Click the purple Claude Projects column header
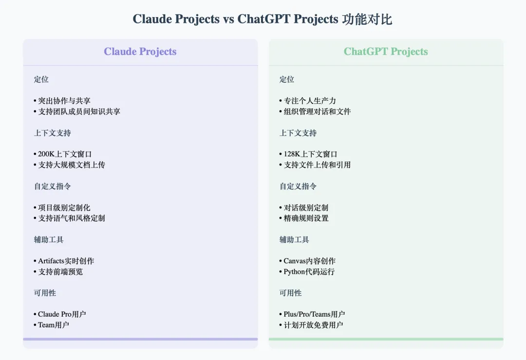click(x=140, y=51)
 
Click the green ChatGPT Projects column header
click(x=386, y=51)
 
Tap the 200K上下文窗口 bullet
click(x=62, y=154)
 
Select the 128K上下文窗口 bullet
click(x=308, y=154)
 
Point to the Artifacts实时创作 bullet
click(x=64, y=261)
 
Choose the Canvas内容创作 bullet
click(x=307, y=261)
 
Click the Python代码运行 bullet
click(x=307, y=271)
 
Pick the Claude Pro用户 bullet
click(x=60, y=314)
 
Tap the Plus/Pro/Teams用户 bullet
click(x=312, y=314)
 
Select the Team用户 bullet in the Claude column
click(x=51, y=325)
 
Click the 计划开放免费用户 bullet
click(x=311, y=325)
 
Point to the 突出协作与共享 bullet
click(x=62, y=101)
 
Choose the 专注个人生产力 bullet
click(x=307, y=101)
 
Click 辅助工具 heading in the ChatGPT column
click(x=294, y=240)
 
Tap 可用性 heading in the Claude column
click(x=45, y=293)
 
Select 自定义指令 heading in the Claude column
click(x=52, y=186)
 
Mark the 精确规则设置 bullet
click(x=303, y=218)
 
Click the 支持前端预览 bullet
click(x=58, y=271)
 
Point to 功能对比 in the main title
click(x=367, y=19)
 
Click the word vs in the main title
click(x=228, y=19)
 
